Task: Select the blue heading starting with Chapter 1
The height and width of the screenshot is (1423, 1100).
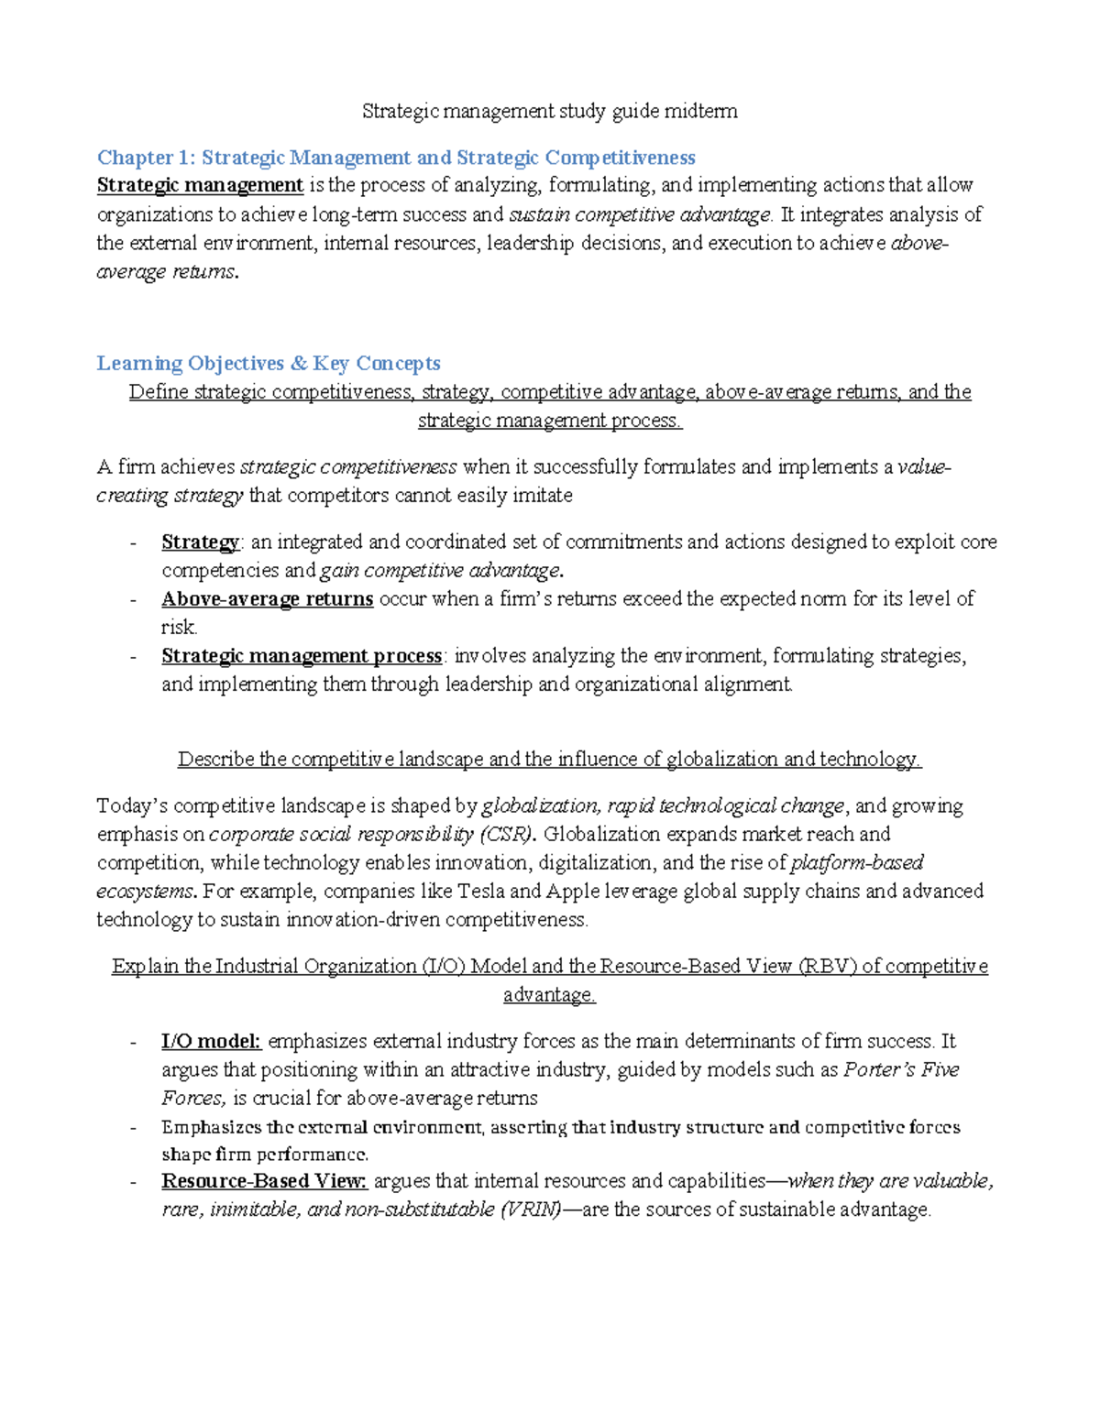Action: click(x=396, y=158)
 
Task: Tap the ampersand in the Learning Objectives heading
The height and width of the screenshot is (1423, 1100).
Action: click(x=298, y=363)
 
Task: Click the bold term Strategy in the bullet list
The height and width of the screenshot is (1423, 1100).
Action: click(x=200, y=542)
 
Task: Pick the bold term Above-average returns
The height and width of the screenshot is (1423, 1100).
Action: click(x=267, y=598)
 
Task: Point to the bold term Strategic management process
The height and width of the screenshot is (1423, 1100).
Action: click(x=302, y=655)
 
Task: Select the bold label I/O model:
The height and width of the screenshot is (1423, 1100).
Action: click(x=211, y=1041)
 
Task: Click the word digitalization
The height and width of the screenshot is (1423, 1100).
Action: click(x=597, y=862)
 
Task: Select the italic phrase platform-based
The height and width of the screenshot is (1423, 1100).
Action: click(x=856, y=862)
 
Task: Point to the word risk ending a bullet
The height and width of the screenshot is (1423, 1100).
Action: click(x=179, y=627)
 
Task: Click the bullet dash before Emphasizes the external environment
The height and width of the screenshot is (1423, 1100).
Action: click(x=134, y=1127)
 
